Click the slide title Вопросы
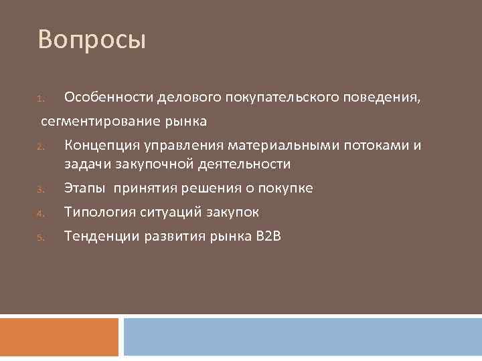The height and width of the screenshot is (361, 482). tap(92, 39)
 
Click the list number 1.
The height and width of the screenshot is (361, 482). tap(40, 100)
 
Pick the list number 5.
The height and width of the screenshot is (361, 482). tap(40, 238)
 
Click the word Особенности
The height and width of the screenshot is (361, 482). tap(109, 99)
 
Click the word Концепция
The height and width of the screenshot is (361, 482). tap(105, 146)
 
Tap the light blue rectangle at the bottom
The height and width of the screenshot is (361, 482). tap(303, 337)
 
